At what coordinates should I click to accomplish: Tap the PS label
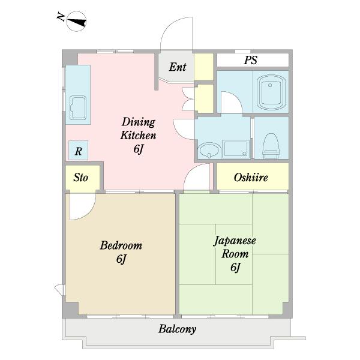point(250,60)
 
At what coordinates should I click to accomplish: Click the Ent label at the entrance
point(178,67)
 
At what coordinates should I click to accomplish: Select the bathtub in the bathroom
point(271,92)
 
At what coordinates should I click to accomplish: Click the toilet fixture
point(271,146)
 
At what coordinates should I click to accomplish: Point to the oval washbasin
point(209,150)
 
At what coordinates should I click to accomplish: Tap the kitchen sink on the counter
point(78,107)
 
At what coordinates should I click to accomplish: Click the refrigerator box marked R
point(78,151)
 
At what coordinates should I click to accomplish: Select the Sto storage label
point(80,178)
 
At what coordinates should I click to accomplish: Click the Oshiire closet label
point(251,178)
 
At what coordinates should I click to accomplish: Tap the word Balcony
point(177,329)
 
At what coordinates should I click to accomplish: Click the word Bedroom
point(121,245)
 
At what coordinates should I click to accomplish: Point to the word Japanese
point(235,241)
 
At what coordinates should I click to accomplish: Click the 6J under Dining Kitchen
point(139,149)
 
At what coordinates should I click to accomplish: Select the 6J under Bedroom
point(121,259)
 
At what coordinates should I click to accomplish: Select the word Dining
point(139,122)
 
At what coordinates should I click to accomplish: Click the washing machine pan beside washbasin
point(236,149)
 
